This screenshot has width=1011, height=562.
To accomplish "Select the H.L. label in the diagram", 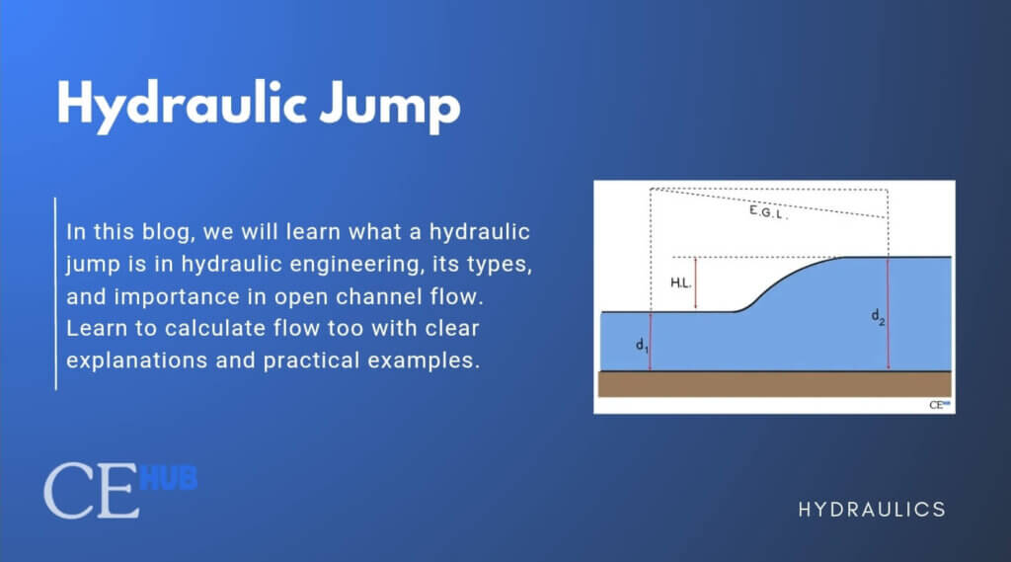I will [680, 282].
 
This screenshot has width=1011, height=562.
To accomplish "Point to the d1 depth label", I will [640, 347].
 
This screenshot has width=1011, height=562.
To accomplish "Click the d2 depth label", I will [877, 316].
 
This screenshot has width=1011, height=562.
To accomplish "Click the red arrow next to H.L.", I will [696, 283].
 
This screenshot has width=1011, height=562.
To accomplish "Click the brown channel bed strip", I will [775, 383].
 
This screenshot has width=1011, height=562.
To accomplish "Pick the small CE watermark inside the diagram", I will [938, 404].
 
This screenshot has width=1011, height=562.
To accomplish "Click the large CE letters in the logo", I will [91, 490].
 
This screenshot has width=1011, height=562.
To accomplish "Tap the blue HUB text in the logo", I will [169, 479].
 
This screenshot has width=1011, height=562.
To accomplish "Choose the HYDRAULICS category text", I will [872, 510].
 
